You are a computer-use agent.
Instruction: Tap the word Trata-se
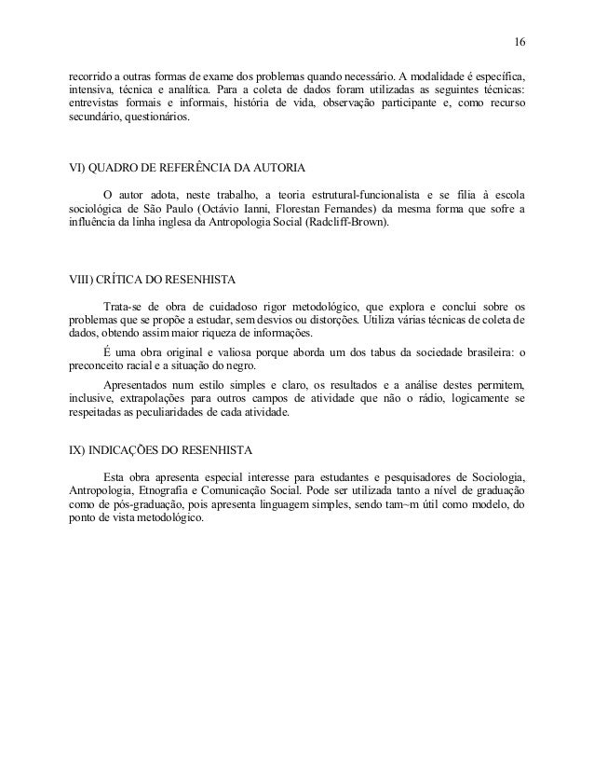[x=122, y=306]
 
